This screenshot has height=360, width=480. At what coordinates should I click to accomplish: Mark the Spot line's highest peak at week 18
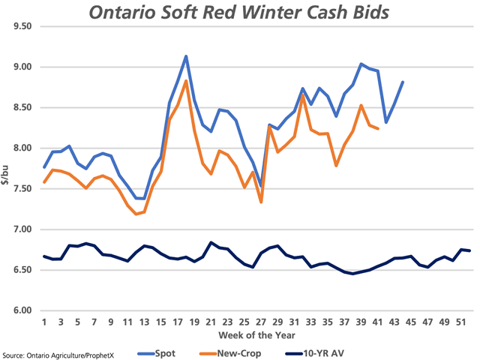[x=185, y=56]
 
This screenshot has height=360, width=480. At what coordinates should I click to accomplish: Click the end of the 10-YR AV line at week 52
[x=470, y=250]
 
